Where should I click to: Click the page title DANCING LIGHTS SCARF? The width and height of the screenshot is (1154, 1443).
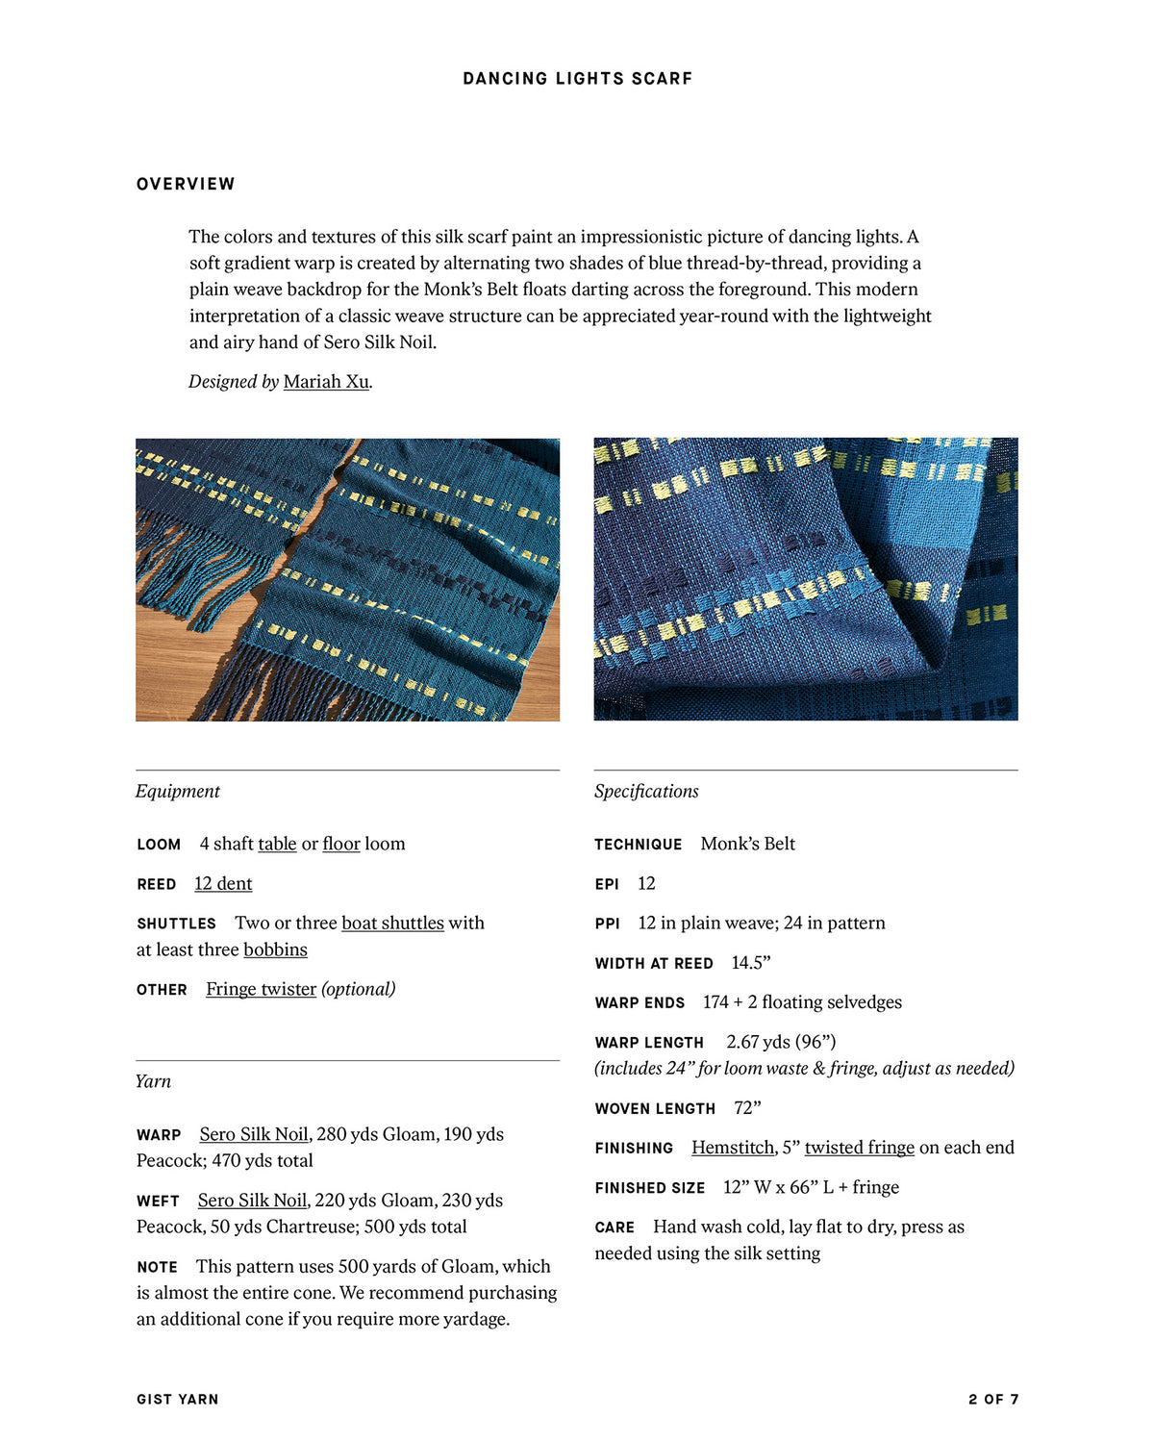point(577,79)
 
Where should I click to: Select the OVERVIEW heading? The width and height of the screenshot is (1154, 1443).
point(186,184)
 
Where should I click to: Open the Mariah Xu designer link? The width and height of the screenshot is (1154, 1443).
point(326,382)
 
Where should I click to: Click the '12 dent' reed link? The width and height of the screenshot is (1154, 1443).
point(223,884)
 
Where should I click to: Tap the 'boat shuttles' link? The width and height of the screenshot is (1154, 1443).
point(392,924)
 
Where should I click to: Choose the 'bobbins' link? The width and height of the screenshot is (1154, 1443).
point(275,950)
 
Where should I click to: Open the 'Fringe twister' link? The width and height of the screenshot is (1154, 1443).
point(261,990)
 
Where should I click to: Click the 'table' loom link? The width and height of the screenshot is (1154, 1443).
point(277,845)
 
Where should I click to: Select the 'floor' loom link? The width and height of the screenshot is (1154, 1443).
point(341,845)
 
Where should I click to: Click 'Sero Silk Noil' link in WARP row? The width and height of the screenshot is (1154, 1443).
point(254,1135)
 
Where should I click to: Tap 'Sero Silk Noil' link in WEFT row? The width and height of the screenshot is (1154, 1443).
point(252,1201)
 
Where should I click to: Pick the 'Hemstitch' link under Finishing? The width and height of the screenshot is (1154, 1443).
point(733,1148)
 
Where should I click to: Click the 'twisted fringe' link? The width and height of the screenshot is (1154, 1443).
point(859,1148)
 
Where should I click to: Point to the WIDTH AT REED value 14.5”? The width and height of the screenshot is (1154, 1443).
point(751,963)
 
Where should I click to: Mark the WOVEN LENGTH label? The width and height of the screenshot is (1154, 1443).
point(655,1109)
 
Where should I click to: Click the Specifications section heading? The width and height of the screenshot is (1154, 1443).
point(646,792)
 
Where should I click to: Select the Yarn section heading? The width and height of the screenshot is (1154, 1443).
point(153,1081)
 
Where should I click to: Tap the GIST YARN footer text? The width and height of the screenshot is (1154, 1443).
point(178,1400)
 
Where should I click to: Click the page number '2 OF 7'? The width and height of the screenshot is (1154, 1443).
point(992,1400)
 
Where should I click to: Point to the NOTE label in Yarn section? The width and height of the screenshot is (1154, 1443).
point(157,1268)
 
